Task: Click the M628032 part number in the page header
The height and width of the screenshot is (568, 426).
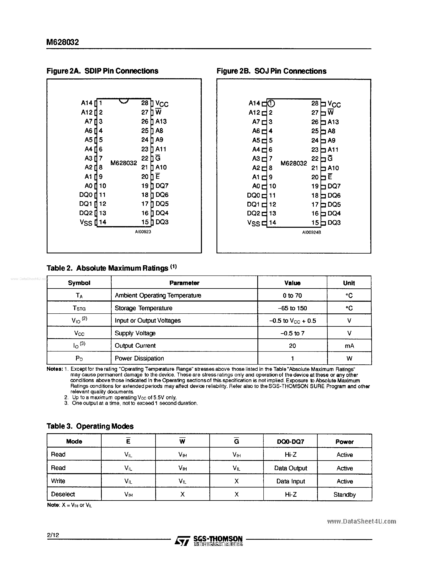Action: pos(62,42)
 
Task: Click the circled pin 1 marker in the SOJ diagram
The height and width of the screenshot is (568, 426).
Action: pos(271,103)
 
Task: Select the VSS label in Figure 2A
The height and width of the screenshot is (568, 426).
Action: pos(86,223)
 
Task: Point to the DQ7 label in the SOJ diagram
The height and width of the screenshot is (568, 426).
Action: pos(334,186)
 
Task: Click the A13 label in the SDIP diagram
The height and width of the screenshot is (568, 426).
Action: pos(161,121)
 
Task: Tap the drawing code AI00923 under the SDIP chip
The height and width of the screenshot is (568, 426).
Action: pos(143,232)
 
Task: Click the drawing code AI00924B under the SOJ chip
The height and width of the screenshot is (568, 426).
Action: pos(312,232)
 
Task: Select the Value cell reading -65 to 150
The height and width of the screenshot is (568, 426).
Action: pos(292,308)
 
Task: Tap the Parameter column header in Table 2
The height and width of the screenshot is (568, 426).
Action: pos(184,283)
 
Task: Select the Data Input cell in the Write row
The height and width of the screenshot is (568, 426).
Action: pos(290,481)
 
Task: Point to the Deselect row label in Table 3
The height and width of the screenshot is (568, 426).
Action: pos(63,494)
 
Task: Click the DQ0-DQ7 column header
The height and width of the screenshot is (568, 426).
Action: pos(290,442)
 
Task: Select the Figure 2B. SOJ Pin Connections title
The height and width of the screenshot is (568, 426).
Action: pos(271,71)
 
